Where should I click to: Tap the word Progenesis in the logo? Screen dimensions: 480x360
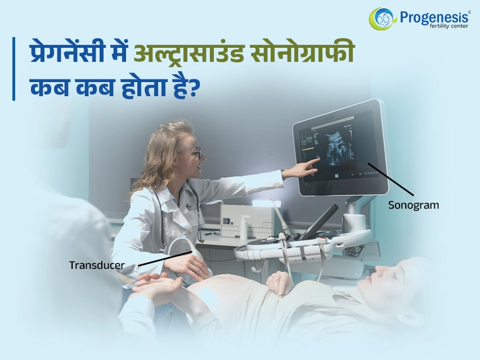[434, 17]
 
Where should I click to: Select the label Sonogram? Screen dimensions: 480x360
[413, 205]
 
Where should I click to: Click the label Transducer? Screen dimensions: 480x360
[97, 265]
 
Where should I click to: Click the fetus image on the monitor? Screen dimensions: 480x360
[336, 148]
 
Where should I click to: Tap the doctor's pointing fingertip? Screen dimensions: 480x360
[318, 159]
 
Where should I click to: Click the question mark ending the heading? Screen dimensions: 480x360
[191, 88]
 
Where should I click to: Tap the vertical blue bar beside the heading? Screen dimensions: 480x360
[14, 69]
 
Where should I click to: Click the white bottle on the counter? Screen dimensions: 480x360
[244, 227]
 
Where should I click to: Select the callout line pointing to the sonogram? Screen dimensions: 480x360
[391, 179]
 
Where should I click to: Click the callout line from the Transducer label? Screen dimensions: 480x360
[165, 259]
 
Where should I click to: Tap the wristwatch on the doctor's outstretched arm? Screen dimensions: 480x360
[283, 175]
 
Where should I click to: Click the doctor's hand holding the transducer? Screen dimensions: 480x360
[187, 265]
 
